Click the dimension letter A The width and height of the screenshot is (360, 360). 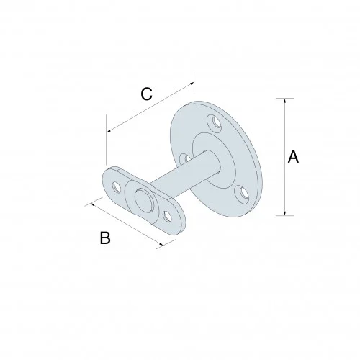pos(293,157)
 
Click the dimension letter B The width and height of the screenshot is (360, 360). pos(104,239)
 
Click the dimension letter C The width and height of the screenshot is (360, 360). pos(146,93)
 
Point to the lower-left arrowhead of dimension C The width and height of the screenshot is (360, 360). pos(109,131)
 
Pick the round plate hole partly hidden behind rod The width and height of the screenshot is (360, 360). pos(185,159)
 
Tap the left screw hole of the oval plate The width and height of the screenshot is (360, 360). pos(114,184)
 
